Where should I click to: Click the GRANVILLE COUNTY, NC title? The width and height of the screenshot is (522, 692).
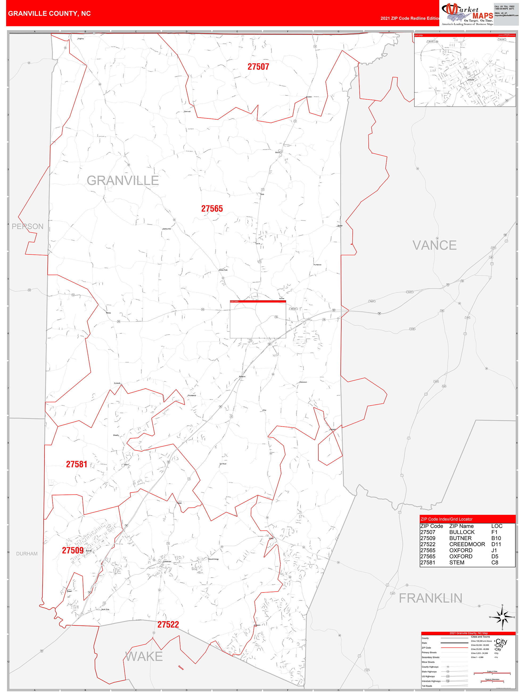(49, 14)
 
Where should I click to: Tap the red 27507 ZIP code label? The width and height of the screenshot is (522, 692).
(258, 67)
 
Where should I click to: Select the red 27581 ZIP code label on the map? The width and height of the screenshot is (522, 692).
(76, 464)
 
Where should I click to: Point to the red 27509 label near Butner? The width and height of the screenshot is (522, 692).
(73, 551)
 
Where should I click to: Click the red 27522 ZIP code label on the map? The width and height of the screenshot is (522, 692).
(168, 625)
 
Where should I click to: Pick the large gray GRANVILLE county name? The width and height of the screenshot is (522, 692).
(122, 180)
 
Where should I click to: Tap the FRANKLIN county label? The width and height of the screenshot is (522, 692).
(430, 598)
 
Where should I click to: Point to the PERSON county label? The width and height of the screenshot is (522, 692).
(27, 226)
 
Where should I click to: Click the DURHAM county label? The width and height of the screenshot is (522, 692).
(27, 554)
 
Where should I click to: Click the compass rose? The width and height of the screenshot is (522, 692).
(502, 617)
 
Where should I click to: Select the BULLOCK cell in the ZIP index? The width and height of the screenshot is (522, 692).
(462, 532)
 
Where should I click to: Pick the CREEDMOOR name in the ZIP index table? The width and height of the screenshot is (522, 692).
(467, 544)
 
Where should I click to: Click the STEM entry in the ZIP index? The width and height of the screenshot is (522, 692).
(457, 562)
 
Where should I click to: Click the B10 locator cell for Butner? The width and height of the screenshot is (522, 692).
(496, 538)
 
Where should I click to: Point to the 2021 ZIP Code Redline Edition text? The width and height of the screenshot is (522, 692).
(410, 18)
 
